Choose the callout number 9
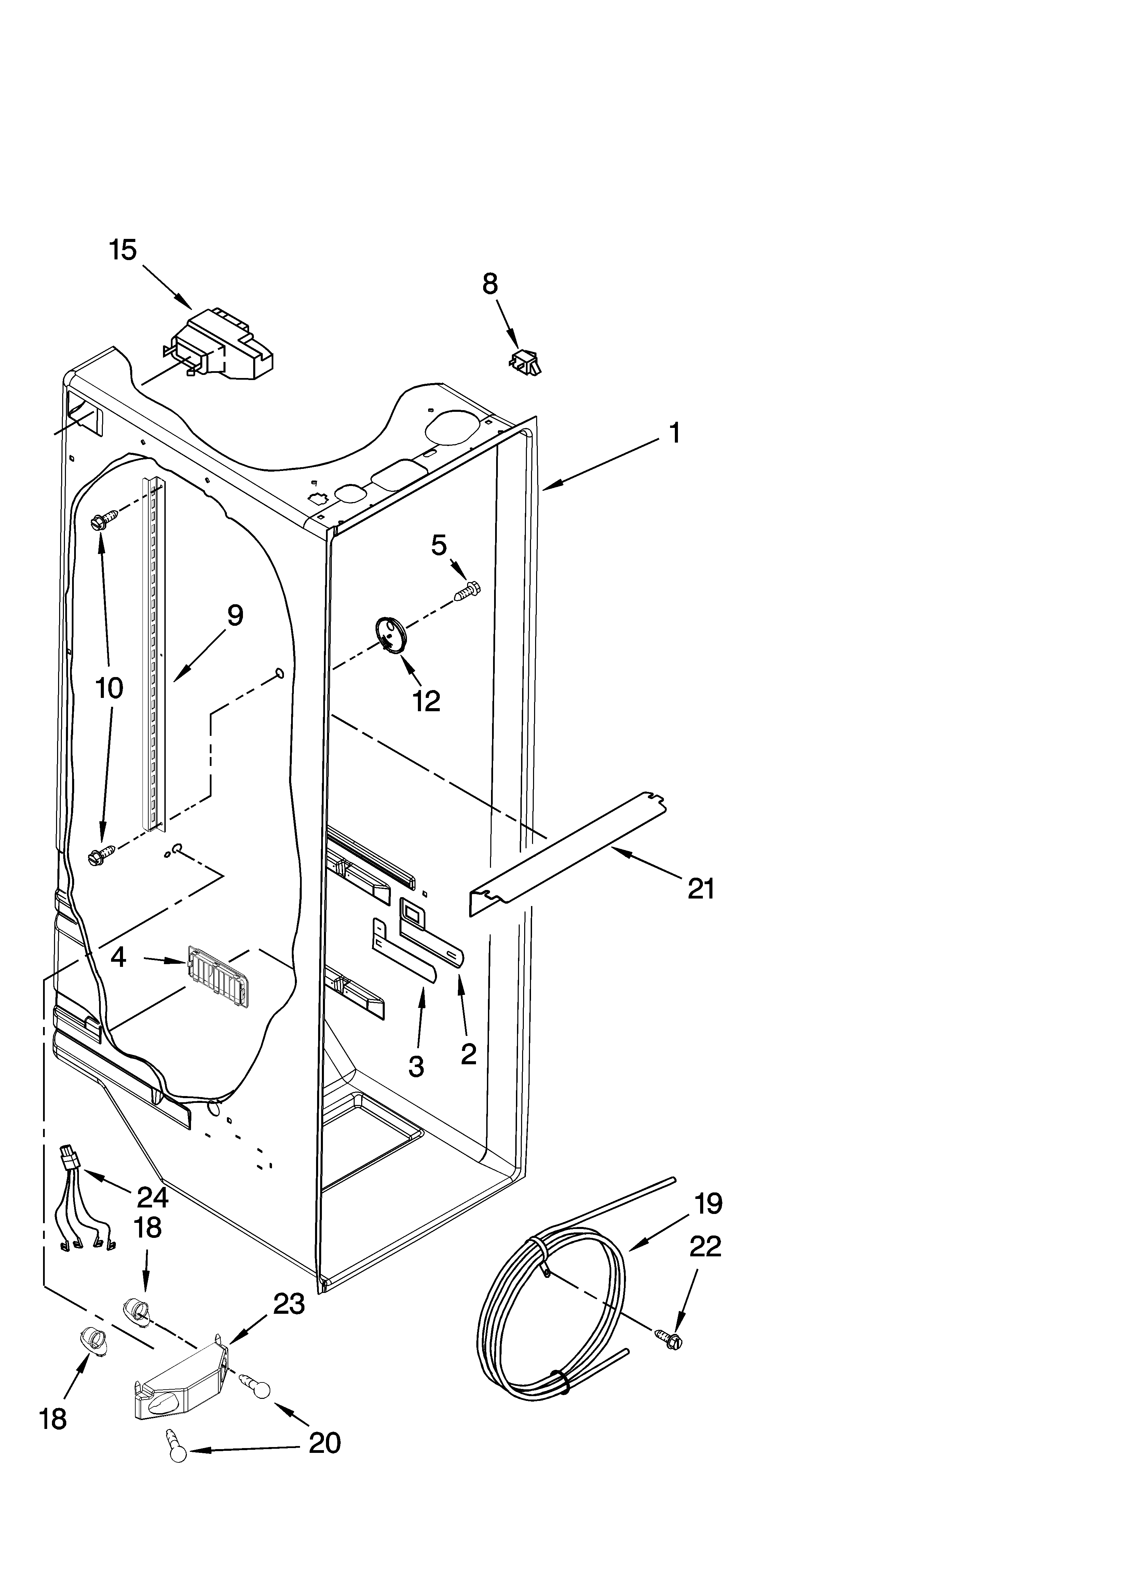pos(235,615)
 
